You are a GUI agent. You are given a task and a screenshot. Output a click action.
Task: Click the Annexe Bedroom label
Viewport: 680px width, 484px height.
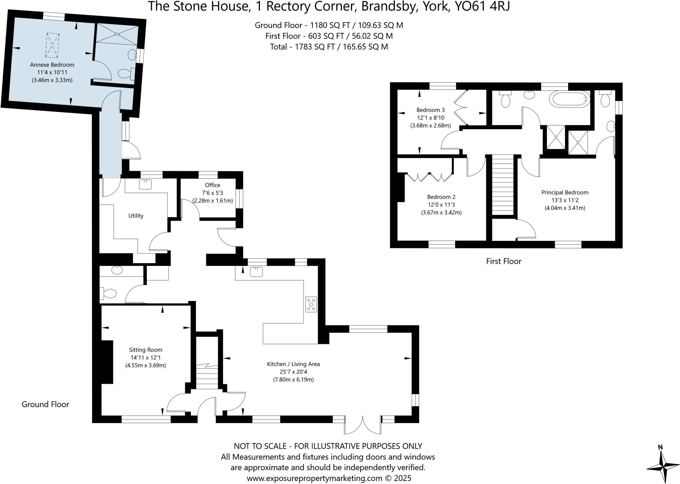point(52,65)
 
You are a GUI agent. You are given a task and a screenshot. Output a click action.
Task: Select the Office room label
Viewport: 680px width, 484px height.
point(212,185)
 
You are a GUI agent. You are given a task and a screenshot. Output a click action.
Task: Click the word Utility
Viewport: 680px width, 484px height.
point(136,216)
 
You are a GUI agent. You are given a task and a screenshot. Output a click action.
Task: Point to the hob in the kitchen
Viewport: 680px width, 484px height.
point(311,304)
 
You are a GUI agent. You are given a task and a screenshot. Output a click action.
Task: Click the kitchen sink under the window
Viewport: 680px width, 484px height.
point(256,272)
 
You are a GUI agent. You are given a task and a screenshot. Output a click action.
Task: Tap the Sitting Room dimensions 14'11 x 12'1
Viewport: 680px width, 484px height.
point(145,357)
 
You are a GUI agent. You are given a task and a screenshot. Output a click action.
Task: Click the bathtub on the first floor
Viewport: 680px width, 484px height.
point(569,99)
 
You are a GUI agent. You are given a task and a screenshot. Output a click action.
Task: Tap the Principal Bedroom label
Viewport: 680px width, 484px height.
point(565,192)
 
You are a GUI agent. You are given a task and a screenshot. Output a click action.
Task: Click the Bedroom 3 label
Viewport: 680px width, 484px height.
point(430,110)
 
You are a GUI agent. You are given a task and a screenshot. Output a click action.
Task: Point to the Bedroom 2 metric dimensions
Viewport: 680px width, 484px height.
point(441,213)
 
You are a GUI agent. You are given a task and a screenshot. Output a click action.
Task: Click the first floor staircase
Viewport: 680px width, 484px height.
point(503,186)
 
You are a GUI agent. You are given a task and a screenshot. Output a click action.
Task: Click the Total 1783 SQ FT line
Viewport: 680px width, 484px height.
point(329,47)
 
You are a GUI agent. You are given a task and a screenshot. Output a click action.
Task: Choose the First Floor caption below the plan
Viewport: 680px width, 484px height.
point(503,261)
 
